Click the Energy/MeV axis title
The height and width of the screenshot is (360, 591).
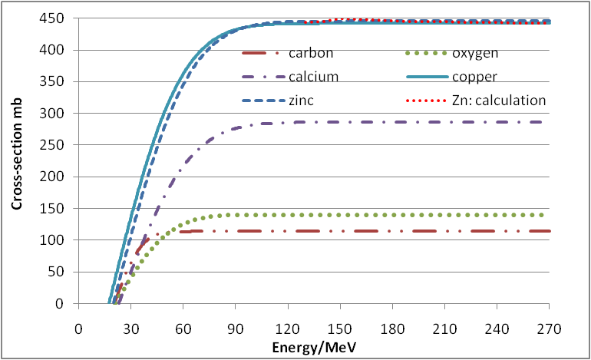[315, 346]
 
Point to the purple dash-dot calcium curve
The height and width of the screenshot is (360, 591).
[345, 122]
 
